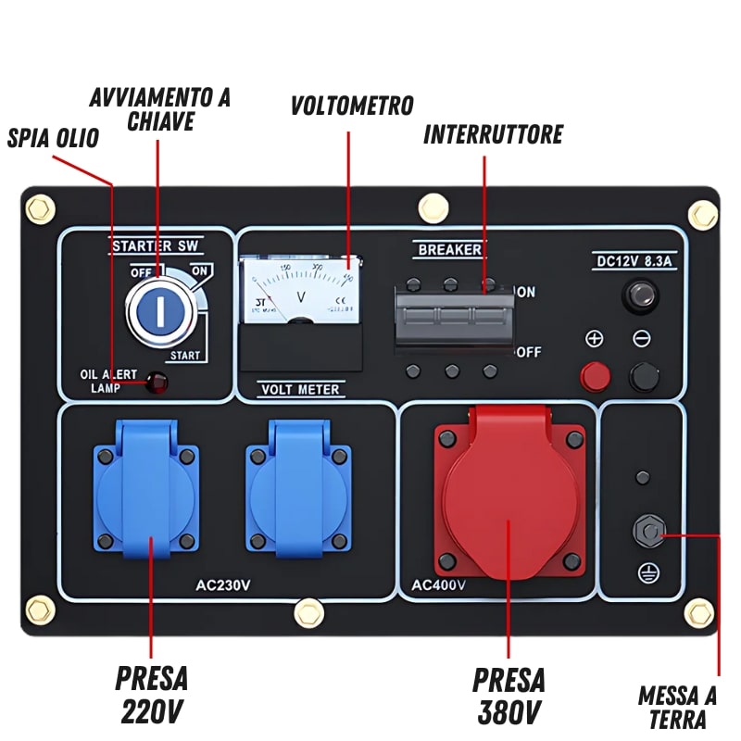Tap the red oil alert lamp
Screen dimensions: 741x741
(x=158, y=382)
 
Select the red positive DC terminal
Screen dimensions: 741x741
(x=595, y=376)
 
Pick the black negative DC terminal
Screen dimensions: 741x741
(x=642, y=376)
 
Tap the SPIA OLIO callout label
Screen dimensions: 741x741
(x=53, y=139)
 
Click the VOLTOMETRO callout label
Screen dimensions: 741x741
(x=352, y=106)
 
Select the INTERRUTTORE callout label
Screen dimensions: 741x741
(x=493, y=135)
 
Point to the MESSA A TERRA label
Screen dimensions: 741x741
(x=677, y=708)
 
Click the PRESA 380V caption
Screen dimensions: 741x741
(x=509, y=695)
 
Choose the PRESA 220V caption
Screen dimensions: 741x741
(x=152, y=695)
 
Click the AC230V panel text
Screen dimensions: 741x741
(x=223, y=584)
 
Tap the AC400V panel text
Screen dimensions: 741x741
(x=439, y=584)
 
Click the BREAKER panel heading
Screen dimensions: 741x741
(x=450, y=249)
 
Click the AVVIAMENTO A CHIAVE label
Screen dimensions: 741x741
(x=160, y=109)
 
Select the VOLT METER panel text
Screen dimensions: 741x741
(x=299, y=390)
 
